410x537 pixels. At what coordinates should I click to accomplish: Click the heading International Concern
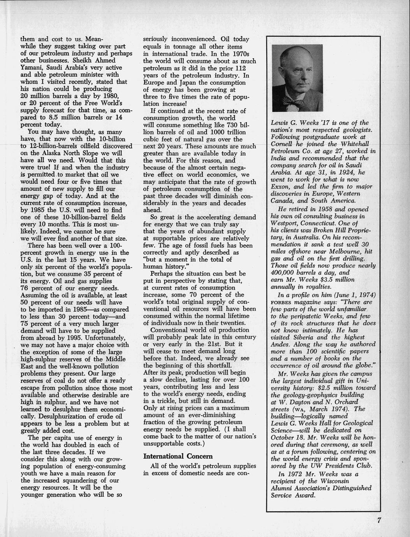tap(172, 456)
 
